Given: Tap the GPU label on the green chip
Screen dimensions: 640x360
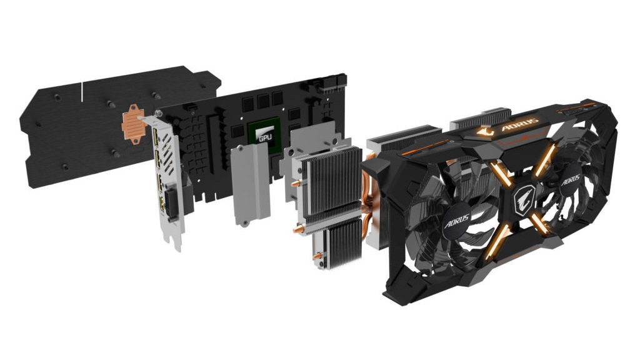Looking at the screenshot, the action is [x=265, y=137].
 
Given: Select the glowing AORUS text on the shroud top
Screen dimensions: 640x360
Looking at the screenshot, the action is [x=519, y=125].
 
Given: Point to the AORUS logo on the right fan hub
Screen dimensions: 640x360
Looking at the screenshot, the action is [x=570, y=179].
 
